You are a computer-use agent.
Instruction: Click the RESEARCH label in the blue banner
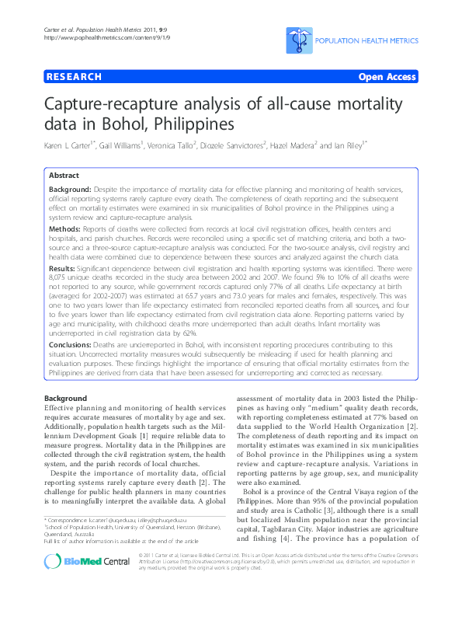75,77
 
